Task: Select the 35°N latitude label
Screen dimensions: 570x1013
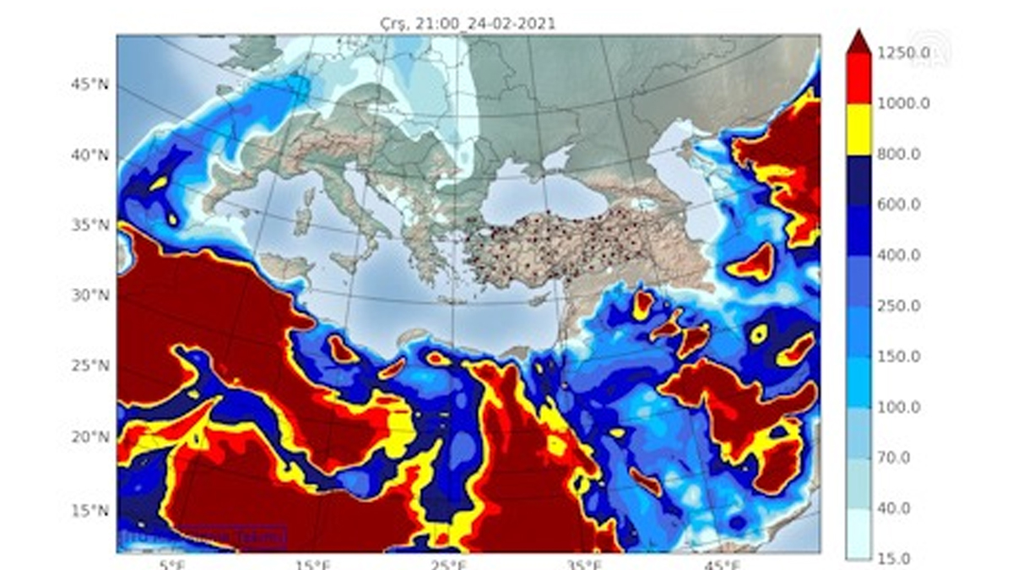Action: point(90,225)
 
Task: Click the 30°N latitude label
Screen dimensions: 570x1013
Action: point(90,296)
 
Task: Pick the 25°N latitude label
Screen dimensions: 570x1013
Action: point(90,366)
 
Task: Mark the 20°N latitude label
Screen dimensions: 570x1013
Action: point(90,437)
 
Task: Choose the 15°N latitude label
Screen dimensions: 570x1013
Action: point(90,510)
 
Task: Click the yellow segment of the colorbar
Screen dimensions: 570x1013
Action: point(859,129)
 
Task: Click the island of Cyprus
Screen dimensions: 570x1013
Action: point(540,301)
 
